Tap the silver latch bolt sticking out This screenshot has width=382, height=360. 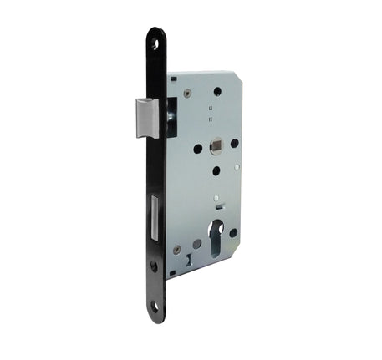coord(147,117)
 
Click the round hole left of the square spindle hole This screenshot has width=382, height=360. coord(198,149)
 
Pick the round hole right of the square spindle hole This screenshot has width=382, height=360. coord(234,143)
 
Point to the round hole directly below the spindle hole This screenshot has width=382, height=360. coord(216,170)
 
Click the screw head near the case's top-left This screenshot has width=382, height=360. coord(187,94)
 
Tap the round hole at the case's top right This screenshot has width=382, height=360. coord(217,91)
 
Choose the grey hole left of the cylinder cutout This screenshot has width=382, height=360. coord(197,244)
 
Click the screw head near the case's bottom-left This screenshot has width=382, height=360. coord(177,250)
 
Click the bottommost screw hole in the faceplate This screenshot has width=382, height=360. coord(154,307)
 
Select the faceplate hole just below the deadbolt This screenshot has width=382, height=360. coord(154,266)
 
